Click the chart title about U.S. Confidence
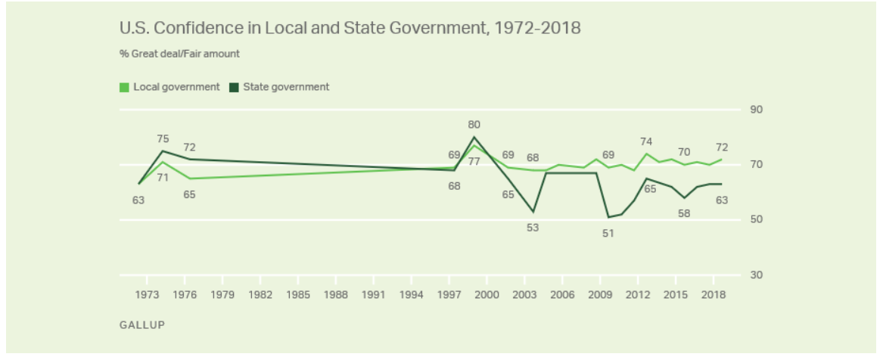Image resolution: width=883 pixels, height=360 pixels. (350, 29)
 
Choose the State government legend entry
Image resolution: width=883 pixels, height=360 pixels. (280, 87)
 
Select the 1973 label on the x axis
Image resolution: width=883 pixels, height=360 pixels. (147, 294)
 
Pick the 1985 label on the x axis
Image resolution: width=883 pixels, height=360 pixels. (298, 294)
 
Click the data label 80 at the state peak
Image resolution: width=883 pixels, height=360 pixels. (474, 125)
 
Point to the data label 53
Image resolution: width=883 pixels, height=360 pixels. (533, 227)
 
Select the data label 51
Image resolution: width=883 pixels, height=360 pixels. (608, 233)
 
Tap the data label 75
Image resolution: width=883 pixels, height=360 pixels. (163, 139)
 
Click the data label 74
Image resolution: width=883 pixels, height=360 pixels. (646, 141)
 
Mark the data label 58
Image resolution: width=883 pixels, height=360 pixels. (684, 213)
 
